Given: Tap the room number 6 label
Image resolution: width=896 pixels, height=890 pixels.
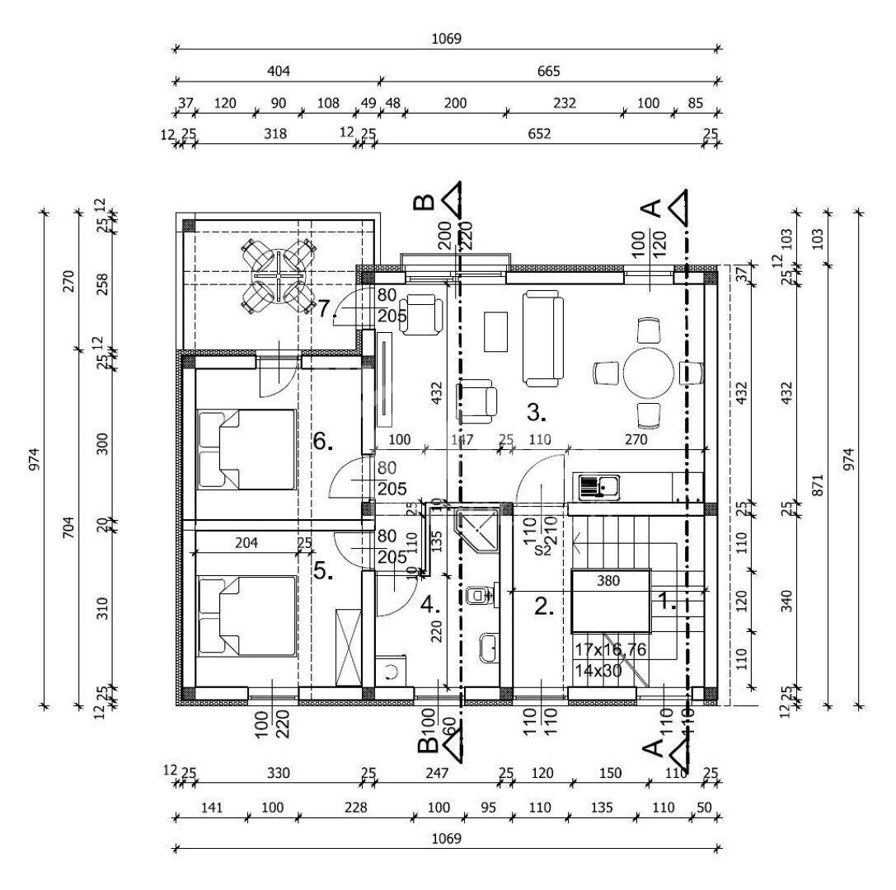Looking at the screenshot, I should [322, 443].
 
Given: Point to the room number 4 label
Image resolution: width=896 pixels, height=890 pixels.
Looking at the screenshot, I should [429, 606].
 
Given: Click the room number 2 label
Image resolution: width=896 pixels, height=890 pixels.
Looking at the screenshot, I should [543, 607].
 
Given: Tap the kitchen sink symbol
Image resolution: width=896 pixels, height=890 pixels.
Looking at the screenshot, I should [599, 487].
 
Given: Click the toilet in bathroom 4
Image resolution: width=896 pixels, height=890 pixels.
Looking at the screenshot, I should [479, 595].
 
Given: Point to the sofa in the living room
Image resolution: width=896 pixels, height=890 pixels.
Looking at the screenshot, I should [544, 338].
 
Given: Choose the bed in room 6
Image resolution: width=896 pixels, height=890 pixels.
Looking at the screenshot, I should [247, 449].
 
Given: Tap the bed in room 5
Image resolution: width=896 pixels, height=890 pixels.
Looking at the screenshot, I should [247, 616].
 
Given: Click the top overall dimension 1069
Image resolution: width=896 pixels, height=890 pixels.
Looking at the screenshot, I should [447, 39].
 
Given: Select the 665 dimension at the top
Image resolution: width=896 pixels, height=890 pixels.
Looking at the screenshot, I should [548, 72].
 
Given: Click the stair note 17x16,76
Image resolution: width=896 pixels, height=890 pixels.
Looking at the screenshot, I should [610, 650].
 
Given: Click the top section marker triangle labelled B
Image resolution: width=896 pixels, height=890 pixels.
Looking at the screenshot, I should [450, 199].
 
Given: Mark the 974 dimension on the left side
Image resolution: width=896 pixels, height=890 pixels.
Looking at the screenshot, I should [34, 459].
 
